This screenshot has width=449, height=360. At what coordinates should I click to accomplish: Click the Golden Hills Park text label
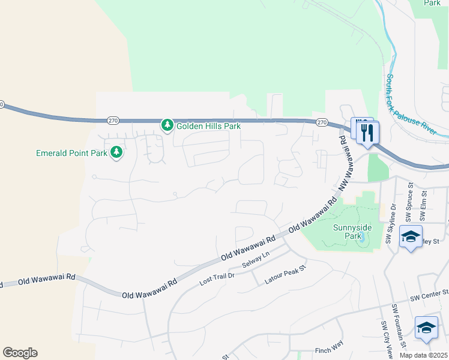point(208,126)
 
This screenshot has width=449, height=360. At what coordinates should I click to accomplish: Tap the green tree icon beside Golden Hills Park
point(167,125)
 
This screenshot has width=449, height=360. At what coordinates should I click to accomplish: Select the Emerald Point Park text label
point(71,153)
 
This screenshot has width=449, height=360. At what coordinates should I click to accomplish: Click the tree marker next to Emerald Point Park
point(116,152)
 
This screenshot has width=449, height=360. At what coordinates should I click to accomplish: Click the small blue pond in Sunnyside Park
point(363,236)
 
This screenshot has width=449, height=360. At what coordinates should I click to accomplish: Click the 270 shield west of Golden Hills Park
point(113,120)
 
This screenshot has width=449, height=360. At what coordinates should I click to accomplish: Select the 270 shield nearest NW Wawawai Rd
point(322,122)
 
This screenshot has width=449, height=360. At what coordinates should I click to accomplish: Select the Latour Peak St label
point(286,277)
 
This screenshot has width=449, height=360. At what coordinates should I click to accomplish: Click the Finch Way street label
point(328,350)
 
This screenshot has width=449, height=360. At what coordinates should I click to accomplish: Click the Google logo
point(20,353)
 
